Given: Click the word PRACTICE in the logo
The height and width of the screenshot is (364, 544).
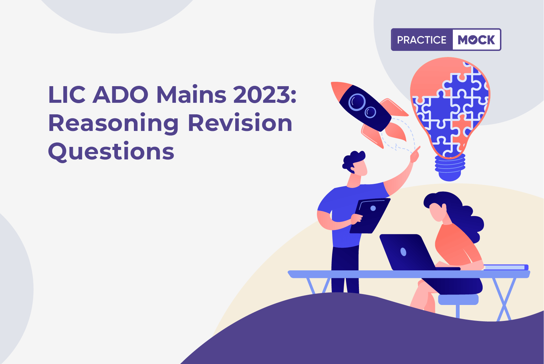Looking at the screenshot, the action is pos(422,40).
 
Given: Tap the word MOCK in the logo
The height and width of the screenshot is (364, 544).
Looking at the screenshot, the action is pos(476,40).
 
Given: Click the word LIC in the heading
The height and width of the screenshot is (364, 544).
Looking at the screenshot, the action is pos(67,95).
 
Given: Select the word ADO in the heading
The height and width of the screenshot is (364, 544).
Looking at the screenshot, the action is pos(120,95).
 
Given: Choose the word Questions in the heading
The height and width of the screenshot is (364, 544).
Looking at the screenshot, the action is pos(111,151).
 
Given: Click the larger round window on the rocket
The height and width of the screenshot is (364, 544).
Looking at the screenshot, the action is pos(357,102).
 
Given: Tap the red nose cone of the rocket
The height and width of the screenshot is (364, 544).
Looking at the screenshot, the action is pos(340,90).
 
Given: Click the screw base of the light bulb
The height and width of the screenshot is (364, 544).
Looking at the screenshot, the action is pos(450,168).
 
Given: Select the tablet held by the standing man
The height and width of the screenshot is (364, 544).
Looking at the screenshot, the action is pos(370,216).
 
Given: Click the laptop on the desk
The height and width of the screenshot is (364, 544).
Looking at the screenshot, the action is pos(413,253).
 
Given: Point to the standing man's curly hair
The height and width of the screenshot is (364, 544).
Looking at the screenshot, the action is pos(354,160).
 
